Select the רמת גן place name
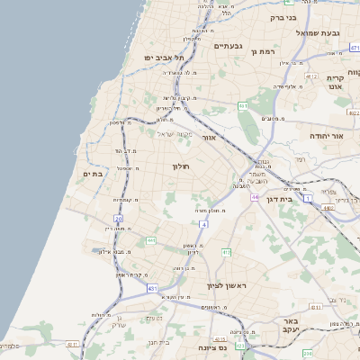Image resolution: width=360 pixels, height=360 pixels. (x=263, y=52)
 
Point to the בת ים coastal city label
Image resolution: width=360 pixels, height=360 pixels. (x=93, y=174)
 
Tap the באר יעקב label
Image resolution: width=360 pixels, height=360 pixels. (x=296, y=325)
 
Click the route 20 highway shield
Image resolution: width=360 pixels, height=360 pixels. (x=119, y=219)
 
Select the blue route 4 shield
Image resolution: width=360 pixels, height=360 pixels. (x=204, y=223)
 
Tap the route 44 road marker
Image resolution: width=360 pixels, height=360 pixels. (x=256, y=196)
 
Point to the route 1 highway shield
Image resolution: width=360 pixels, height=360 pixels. (x=309, y=199)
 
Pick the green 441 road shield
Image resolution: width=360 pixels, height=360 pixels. (x=226, y=251)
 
